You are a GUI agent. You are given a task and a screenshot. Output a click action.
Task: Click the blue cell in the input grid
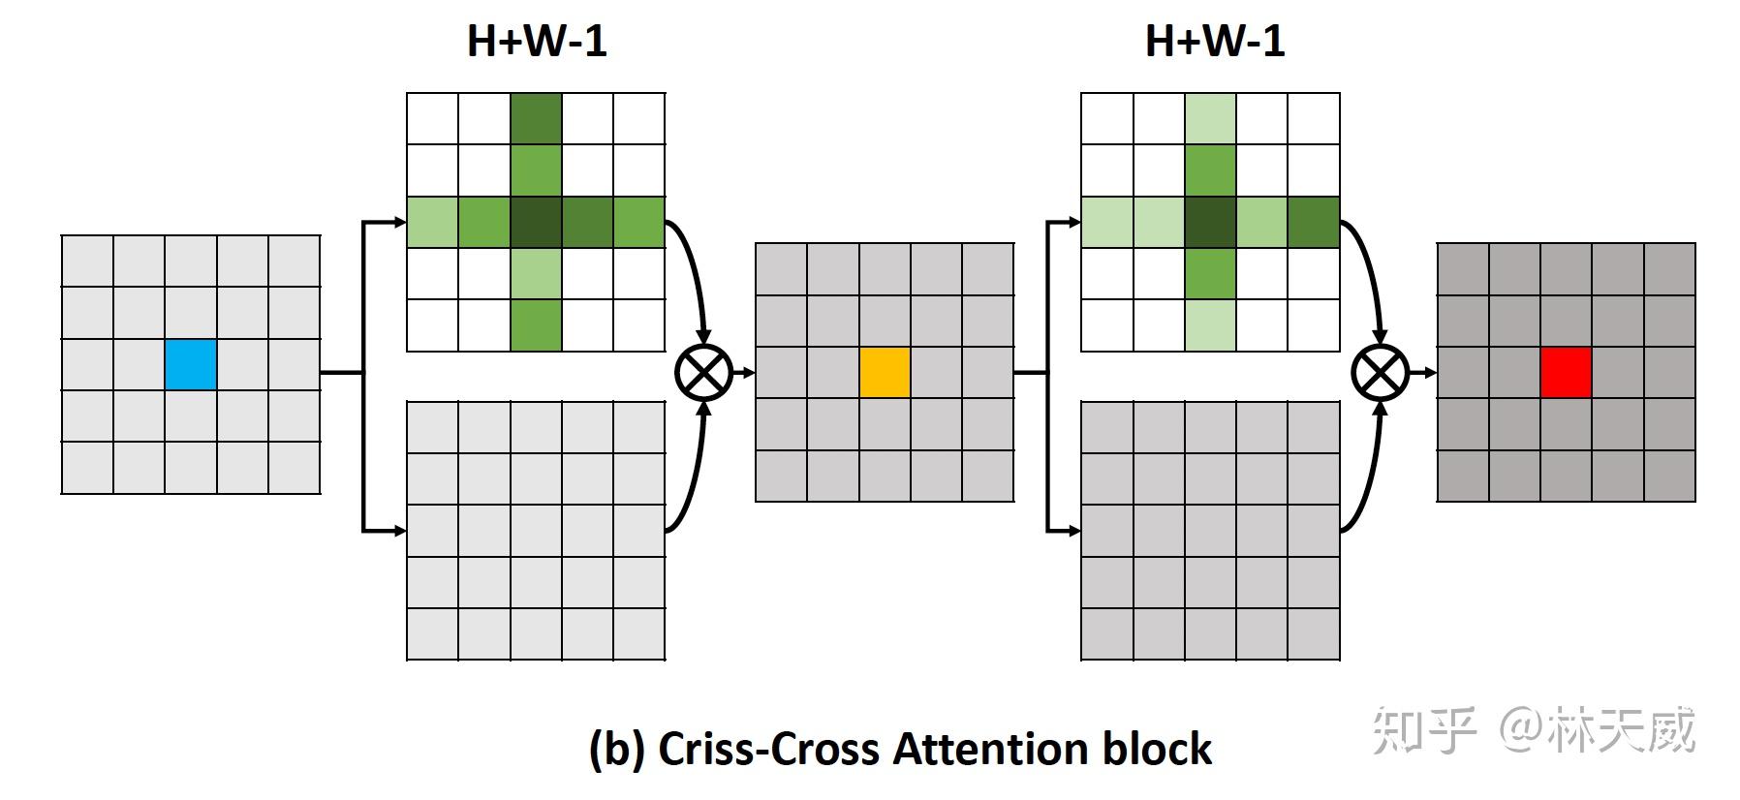190,364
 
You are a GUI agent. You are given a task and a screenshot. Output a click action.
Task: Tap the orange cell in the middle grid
885,373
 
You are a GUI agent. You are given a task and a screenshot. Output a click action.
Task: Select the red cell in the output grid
1566,373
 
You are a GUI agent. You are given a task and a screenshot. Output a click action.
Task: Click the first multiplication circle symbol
703,373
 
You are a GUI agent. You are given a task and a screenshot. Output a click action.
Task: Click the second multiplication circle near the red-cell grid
1381,373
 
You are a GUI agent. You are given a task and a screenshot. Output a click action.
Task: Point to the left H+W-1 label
537,42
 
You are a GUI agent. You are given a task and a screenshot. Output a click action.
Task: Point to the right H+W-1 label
1215,42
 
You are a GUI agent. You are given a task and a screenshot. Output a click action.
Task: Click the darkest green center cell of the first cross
536,222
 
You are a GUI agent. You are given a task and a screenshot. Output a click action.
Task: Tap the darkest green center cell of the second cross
1210,222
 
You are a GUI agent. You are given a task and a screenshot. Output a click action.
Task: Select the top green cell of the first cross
536,118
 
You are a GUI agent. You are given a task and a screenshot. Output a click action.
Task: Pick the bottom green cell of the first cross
536,325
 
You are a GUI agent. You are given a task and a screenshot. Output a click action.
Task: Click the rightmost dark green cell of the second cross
1314,222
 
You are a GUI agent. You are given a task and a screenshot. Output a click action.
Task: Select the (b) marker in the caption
617,750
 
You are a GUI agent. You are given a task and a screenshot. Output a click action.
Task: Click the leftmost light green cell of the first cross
432,222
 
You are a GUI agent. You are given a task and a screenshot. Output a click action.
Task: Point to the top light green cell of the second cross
1210,118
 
